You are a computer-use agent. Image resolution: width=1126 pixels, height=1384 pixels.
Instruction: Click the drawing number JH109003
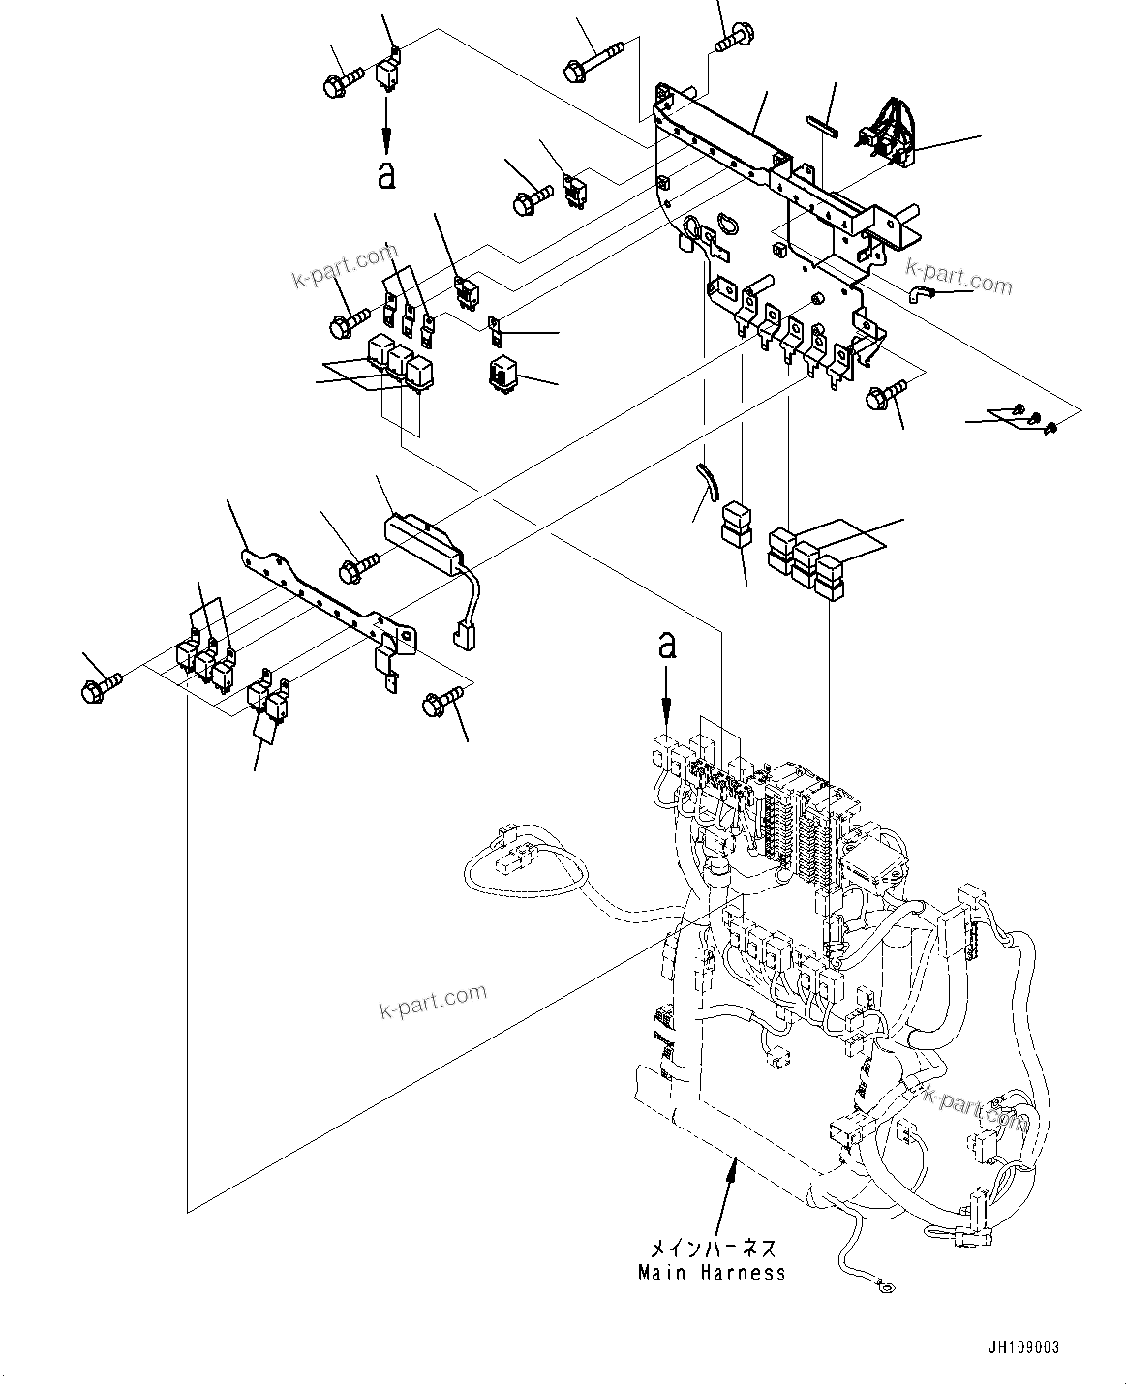(x=1024, y=1347)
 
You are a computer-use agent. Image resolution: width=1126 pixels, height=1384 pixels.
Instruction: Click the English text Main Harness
(x=712, y=1274)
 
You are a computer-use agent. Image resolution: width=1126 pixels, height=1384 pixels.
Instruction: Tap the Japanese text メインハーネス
(x=712, y=1249)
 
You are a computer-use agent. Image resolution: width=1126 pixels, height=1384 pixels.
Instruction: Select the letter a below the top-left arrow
(x=386, y=176)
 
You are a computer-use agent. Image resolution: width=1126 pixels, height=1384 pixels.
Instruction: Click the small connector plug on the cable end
(x=462, y=639)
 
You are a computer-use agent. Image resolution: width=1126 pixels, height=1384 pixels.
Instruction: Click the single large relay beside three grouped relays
(x=505, y=373)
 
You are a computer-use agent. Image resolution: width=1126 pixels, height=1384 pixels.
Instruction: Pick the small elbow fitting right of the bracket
(x=918, y=293)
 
